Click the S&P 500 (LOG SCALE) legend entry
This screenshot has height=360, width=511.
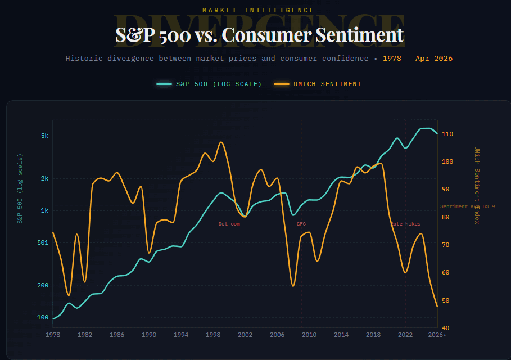click(209, 84)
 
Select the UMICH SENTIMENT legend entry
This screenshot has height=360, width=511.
click(318, 84)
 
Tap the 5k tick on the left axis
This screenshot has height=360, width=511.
click(44, 136)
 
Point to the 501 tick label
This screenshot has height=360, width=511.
click(43, 242)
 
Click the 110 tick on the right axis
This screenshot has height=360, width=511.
click(447, 134)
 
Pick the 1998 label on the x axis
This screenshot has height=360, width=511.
click(213, 335)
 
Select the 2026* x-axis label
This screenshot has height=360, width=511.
click(437, 335)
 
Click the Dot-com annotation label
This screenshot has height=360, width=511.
click(229, 224)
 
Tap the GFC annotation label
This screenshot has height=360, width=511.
click(301, 224)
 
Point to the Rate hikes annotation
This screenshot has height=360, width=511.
click(405, 224)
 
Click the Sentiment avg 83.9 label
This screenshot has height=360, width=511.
click(467, 206)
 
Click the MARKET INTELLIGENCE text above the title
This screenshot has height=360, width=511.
click(259, 10)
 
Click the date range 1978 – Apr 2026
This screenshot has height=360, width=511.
click(418, 58)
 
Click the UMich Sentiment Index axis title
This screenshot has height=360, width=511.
click(477, 185)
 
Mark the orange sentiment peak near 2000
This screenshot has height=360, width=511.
click(221, 142)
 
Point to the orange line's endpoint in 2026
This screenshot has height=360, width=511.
click(437, 307)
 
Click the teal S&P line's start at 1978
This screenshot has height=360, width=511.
click(53, 319)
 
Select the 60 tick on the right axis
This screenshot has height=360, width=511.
click(445, 272)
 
